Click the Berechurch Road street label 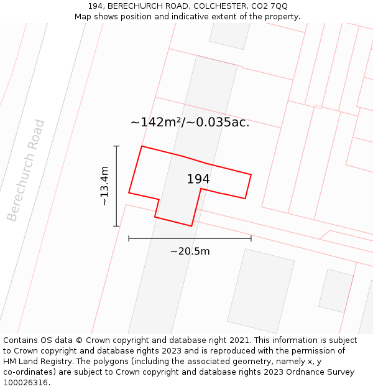pos(26,170)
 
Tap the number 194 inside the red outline pos(198,179)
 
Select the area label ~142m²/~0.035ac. pos(190,122)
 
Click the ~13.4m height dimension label pos(104,185)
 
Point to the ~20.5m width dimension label pos(190,251)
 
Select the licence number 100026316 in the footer pos(25,383)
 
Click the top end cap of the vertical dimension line pos(116,146)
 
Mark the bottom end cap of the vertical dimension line pos(116,226)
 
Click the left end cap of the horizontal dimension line pos(129,238)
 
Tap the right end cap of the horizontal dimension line pos(251,238)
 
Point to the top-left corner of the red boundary pos(142,146)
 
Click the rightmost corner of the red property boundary pos(251,175)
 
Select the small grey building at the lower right pos(336,291)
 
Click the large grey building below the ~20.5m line pos(260,291)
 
